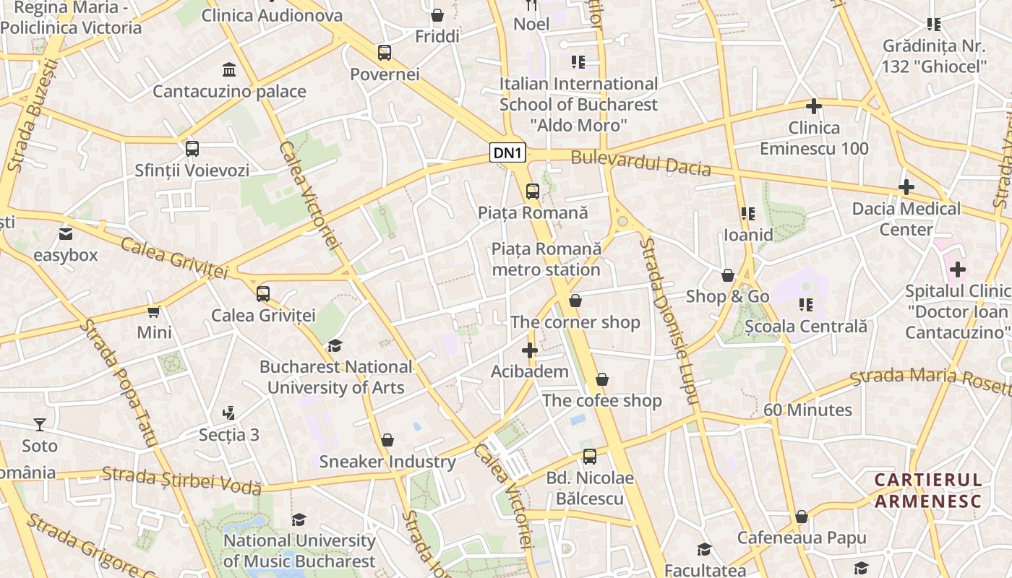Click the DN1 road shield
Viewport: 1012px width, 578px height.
point(508,152)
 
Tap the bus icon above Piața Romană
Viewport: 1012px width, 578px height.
point(533,191)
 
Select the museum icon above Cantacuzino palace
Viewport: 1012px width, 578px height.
point(229,70)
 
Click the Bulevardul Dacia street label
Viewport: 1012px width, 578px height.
point(640,163)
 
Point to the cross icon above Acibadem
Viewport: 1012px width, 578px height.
point(530,351)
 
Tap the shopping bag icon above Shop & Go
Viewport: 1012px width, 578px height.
point(728,275)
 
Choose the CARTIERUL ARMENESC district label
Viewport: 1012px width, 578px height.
point(928,491)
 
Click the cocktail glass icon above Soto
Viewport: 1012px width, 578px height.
point(40,425)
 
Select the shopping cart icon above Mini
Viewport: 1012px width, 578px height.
point(154,311)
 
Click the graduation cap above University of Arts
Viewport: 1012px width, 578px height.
point(335,345)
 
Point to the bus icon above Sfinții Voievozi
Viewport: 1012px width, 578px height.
point(192,149)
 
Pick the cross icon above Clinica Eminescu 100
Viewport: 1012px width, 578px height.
point(814,106)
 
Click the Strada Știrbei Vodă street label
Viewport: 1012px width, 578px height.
point(181,480)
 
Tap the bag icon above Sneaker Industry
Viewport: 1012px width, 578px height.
point(387,440)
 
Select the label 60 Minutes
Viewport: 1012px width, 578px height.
point(808,410)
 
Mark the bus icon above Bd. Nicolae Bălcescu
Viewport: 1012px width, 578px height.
point(590,457)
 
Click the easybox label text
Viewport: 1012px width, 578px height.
point(65,255)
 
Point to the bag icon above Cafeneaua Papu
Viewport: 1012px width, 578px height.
point(801,517)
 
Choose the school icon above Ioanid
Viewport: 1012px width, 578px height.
point(748,214)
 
